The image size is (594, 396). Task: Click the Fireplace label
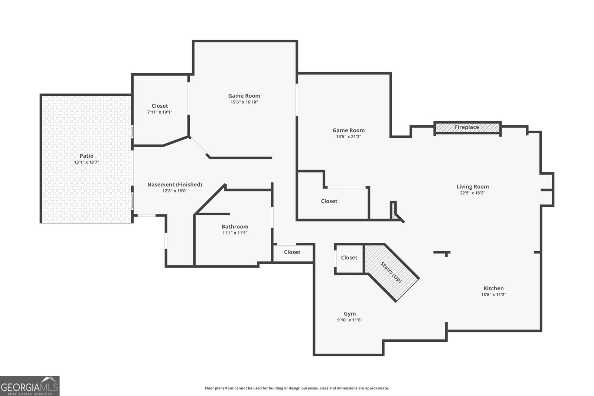coord(467,127)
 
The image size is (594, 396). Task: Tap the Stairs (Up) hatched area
coord(391,272)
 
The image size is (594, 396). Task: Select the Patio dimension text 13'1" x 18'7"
coord(87,162)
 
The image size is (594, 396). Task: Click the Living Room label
coord(472,187)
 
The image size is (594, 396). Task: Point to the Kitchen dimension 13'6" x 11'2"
coord(493,295)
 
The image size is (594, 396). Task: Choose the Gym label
coord(349,314)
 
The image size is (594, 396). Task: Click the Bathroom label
coord(235,227)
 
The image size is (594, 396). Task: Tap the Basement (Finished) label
coord(175,184)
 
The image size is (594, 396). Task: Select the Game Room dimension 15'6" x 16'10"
coord(244,102)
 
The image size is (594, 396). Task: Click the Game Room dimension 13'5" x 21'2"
coord(348,137)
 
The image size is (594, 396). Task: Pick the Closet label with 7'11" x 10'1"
coord(160,106)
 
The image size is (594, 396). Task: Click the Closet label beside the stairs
coord(349,258)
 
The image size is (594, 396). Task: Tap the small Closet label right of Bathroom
coord(292,252)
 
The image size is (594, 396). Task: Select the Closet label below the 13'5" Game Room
coord(329,201)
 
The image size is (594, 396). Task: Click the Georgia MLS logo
coord(30,386)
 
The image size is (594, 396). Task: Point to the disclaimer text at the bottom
coord(297,388)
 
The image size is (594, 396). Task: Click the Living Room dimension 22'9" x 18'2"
coord(472,193)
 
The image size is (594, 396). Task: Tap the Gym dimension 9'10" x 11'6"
coord(349,320)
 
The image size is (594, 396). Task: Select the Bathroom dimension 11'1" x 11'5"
coord(235,233)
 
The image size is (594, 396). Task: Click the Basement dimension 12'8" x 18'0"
coord(175,191)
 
